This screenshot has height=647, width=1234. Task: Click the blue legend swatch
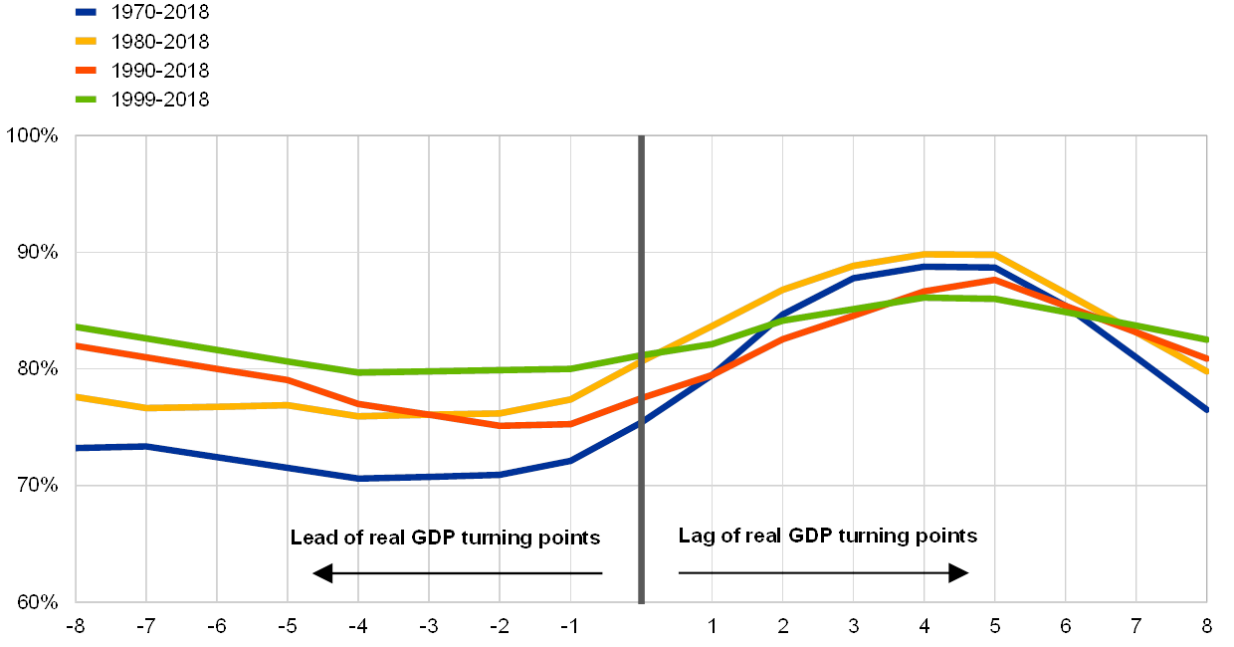pos(86,13)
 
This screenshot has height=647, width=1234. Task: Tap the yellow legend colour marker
pos(86,42)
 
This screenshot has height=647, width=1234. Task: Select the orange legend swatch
pos(86,71)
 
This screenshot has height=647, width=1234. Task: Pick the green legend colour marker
pos(86,100)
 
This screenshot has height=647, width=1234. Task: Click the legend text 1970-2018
pos(159,13)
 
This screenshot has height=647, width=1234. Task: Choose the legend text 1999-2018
pos(159,100)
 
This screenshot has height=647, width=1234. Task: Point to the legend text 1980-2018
pos(159,42)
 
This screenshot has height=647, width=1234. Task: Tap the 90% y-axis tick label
pos(38,253)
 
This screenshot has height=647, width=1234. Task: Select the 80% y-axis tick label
pos(38,369)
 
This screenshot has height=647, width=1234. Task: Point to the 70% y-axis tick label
pos(38,486)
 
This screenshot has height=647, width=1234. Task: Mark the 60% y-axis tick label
pos(38,602)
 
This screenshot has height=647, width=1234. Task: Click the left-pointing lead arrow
pos(457,573)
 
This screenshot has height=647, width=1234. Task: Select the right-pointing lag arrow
pos(823,573)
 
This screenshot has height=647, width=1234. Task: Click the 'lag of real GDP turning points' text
pos(832,536)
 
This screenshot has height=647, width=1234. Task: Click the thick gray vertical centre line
pos(641,368)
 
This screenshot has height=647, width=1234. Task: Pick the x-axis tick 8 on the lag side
pos(1207,626)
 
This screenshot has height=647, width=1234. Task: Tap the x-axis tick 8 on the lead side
pos(79,626)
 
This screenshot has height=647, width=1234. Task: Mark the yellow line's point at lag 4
pos(925,254)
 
